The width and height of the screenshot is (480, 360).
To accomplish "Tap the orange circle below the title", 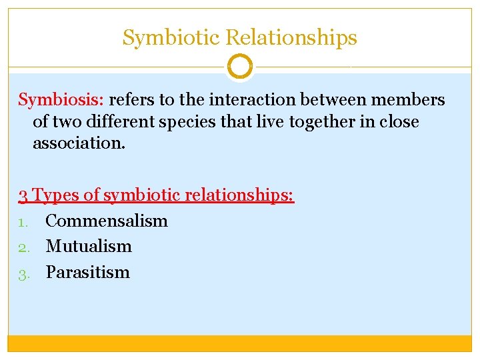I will (240, 67).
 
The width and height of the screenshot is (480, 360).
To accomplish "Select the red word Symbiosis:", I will (61, 100).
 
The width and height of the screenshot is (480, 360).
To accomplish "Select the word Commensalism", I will (107, 221).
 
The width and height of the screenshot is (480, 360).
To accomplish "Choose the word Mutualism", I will (89, 246).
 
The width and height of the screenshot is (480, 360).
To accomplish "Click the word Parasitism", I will (87, 272).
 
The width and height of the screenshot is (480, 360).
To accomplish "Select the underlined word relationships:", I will (239, 195).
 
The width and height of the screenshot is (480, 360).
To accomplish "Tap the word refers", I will (133, 100).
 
